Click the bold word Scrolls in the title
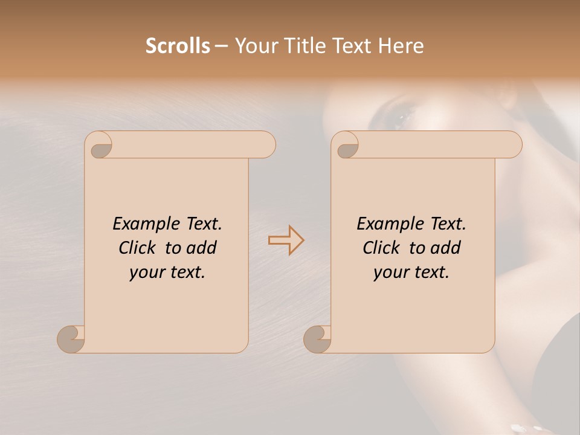178,45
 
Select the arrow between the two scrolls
286,240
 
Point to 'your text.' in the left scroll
167,272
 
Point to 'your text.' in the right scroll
411,272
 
